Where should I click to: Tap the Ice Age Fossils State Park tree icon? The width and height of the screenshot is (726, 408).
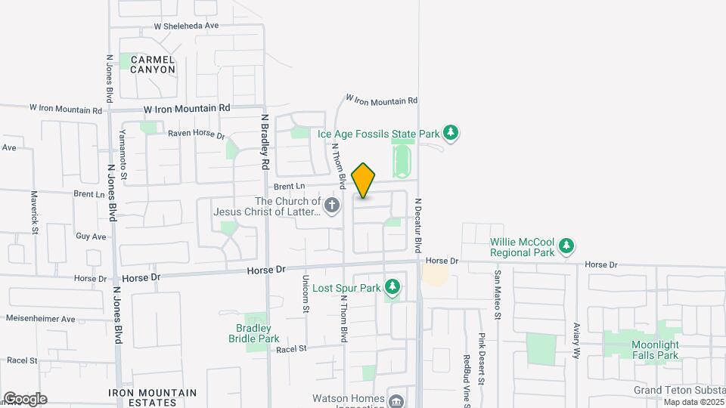pos(451,134)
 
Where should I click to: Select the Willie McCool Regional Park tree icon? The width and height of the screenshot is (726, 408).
pos(566,246)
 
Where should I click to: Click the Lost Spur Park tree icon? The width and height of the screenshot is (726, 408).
pos(392,287)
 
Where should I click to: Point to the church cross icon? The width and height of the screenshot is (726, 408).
pos(331,205)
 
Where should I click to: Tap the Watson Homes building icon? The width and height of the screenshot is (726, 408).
pos(396,401)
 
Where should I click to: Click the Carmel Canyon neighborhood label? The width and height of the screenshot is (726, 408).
pos(152,64)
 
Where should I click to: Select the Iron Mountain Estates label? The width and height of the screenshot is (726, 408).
pos(152,397)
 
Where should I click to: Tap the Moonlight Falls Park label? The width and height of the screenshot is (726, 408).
pos(656,350)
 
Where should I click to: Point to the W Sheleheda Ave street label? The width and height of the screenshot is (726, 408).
pos(186,26)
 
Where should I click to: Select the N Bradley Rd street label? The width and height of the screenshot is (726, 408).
pos(265,141)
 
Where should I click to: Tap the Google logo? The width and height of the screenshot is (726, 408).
pos(25,398)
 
